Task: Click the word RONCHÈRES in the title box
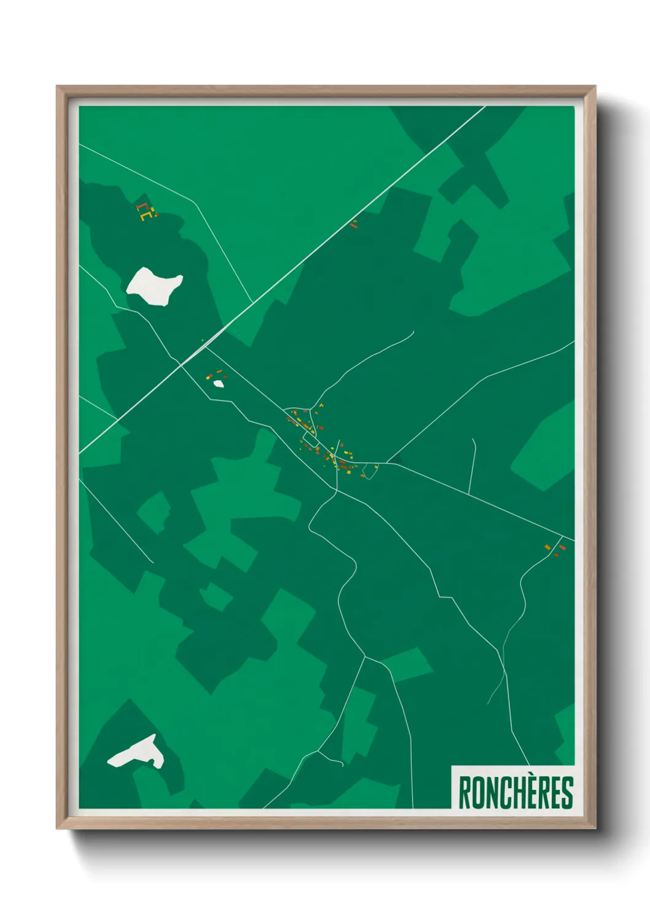click(x=515, y=793)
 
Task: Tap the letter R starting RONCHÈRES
click(x=464, y=793)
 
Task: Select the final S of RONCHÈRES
click(x=568, y=793)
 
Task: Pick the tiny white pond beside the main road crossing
click(x=218, y=384)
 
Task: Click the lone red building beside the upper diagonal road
click(x=353, y=225)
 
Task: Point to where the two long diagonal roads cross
click(x=182, y=364)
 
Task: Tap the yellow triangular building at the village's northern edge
click(x=321, y=406)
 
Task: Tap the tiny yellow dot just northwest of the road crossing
click(x=202, y=340)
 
